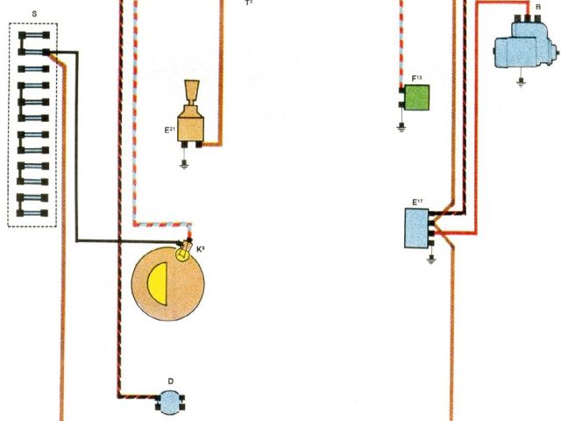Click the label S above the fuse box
tap(33, 15)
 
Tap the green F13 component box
tap(416, 97)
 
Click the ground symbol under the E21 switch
tap(185, 162)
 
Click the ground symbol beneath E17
tap(430, 260)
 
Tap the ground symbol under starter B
tap(523, 83)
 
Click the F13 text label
tap(416, 78)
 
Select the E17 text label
tap(417, 203)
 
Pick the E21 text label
tap(170, 130)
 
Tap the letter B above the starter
tap(537, 7)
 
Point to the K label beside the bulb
tap(200, 249)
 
